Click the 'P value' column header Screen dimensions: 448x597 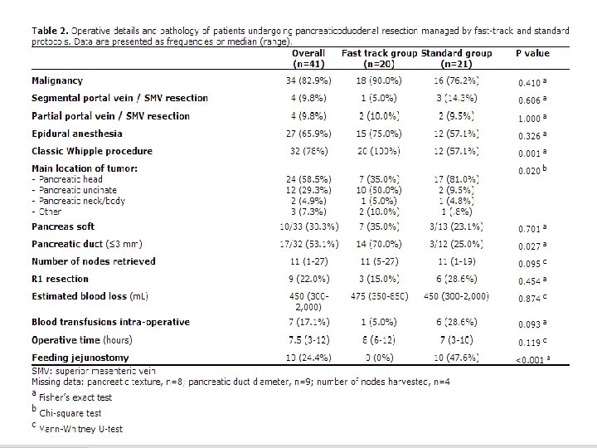click(x=531, y=53)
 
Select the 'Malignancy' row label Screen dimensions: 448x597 click(x=57, y=80)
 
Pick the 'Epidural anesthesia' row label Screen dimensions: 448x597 click(x=77, y=133)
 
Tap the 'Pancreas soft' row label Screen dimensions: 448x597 click(x=63, y=226)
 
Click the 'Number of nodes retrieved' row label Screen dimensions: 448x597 click(x=94, y=261)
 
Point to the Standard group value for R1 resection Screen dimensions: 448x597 click(x=456, y=278)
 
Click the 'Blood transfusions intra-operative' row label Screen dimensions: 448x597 click(x=110, y=322)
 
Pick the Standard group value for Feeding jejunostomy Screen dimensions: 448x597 click(x=456, y=358)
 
